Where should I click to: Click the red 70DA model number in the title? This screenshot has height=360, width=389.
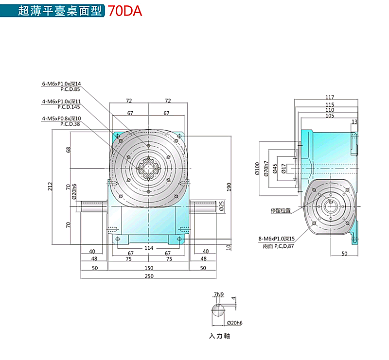125,11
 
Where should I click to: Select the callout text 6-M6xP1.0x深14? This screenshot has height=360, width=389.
61,84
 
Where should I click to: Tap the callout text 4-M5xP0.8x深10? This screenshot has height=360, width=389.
61,119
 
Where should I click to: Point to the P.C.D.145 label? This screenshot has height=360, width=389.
69,106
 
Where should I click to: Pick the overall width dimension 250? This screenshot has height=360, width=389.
149,276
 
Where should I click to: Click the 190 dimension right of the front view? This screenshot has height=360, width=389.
228,187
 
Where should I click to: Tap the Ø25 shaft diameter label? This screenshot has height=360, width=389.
221,206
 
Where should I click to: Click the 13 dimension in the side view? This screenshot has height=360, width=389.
354,121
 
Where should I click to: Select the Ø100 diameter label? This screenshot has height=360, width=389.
257,168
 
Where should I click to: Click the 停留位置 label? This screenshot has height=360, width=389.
281,210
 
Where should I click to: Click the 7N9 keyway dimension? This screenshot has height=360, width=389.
218,294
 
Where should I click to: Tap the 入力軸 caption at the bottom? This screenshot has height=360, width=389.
219,336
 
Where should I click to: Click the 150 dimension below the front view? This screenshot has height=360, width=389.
149,268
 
